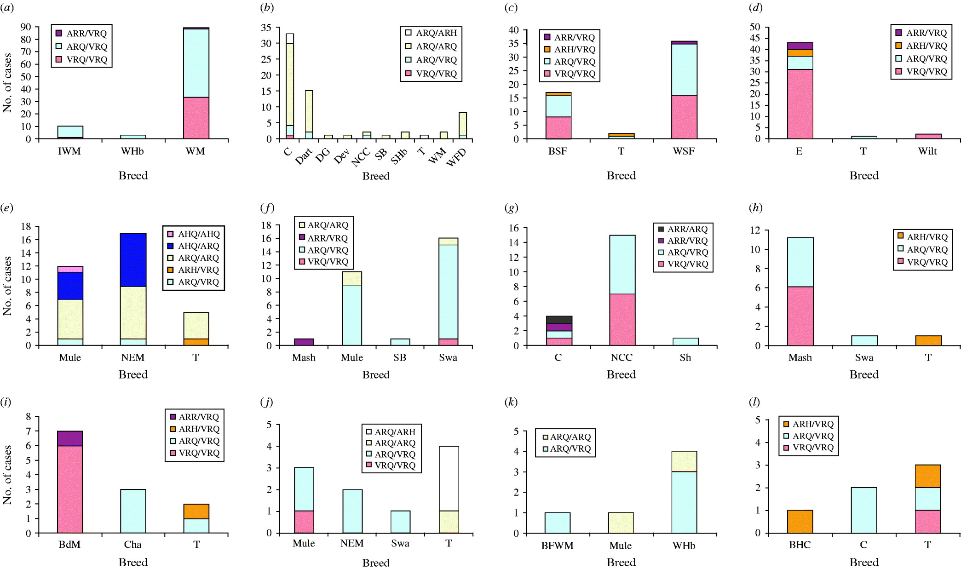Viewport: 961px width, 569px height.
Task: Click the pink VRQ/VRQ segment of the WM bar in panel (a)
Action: [x=196, y=118]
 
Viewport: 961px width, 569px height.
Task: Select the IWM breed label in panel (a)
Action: [x=69, y=151]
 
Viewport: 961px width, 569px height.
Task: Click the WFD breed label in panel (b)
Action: [x=457, y=158]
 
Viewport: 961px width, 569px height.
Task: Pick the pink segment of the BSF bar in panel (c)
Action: [x=558, y=128]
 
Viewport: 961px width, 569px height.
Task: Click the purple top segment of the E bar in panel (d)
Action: [x=800, y=46]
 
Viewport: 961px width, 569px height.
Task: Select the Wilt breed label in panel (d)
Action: [x=927, y=151]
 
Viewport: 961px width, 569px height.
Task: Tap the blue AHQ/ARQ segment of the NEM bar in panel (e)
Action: [x=133, y=260]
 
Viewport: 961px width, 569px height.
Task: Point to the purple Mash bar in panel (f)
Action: [x=304, y=342]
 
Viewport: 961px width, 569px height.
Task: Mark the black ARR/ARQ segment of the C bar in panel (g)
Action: [x=558, y=320]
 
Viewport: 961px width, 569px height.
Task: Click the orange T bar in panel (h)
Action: [x=928, y=340]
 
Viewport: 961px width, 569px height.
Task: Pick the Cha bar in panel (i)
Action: [x=133, y=511]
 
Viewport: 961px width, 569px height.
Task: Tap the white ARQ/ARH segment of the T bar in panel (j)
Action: [x=449, y=478]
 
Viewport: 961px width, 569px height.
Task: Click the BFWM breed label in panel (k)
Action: [x=557, y=546]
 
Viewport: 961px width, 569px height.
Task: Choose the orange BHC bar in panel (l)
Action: [x=800, y=522]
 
